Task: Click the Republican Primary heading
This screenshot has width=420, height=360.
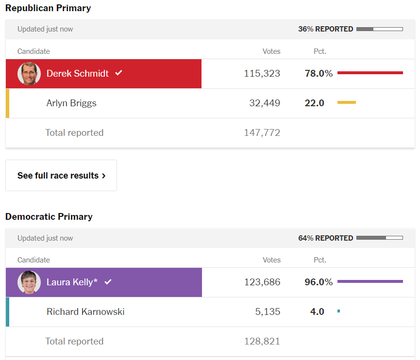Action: [48, 8]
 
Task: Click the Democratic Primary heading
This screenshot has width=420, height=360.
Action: [49, 217]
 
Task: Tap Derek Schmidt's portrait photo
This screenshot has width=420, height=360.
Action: [29, 74]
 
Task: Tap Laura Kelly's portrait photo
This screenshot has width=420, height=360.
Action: [29, 282]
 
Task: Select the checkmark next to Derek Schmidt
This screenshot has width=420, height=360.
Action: [118, 73]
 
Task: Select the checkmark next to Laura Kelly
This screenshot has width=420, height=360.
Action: [108, 282]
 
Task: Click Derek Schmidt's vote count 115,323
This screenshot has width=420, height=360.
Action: [262, 74]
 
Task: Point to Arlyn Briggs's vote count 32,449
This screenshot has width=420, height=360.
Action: [265, 103]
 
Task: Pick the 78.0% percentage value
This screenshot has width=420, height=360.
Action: [319, 74]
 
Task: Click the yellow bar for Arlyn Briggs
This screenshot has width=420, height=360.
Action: [346, 102]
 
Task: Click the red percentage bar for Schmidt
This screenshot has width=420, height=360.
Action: [370, 73]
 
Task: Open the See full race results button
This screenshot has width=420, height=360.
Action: [61, 176]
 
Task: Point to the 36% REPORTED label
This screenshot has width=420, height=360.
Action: [325, 29]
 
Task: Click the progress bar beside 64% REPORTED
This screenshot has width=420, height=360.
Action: [379, 238]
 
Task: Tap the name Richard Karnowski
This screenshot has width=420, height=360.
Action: [85, 312]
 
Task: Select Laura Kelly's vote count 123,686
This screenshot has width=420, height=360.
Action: [262, 282]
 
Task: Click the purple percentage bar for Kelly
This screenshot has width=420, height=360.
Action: [370, 281]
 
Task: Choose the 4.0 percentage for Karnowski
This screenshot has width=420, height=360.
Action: [317, 312]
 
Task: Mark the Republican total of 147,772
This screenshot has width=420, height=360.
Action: [262, 133]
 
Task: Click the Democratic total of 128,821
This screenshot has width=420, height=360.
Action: [262, 342]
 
